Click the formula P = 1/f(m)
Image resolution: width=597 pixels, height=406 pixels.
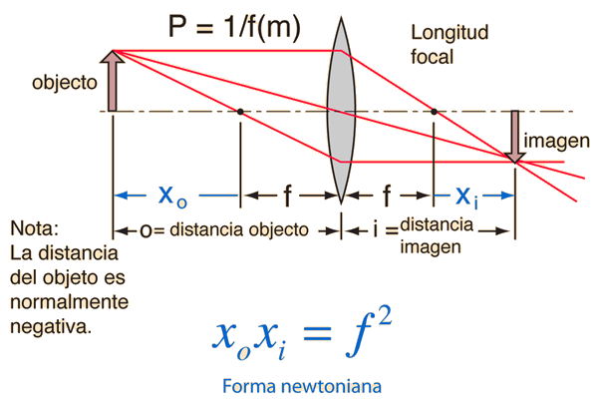(x=234, y=27)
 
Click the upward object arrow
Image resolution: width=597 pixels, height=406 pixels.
(x=113, y=81)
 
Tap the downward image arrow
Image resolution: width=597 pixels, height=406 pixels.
(x=514, y=137)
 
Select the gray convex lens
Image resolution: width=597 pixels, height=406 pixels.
(x=341, y=110)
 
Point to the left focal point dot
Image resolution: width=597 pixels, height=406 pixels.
(x=240, y=112)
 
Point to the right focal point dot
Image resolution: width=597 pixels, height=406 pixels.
(x=434, y=112)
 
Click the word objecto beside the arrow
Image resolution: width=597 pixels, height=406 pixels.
(x=65, y=83)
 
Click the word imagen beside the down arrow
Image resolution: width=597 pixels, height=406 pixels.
(x=557, y=141)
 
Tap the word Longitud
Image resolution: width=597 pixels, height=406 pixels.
(x=449, y=32)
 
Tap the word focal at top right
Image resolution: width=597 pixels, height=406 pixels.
(x=433, y=57)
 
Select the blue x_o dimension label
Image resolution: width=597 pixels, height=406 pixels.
(x=172, y=197)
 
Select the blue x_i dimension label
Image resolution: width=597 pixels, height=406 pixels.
(x=466, y=198)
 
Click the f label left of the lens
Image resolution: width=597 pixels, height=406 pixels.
(x=287, y=196)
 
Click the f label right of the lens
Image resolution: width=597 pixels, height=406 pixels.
(x=387, y=196)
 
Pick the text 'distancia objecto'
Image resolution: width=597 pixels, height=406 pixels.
(x=239, y=229)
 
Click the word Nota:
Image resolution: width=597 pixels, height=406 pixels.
(x=34, y=228)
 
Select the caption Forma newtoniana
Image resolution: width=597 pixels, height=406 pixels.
(x=302, y=386)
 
